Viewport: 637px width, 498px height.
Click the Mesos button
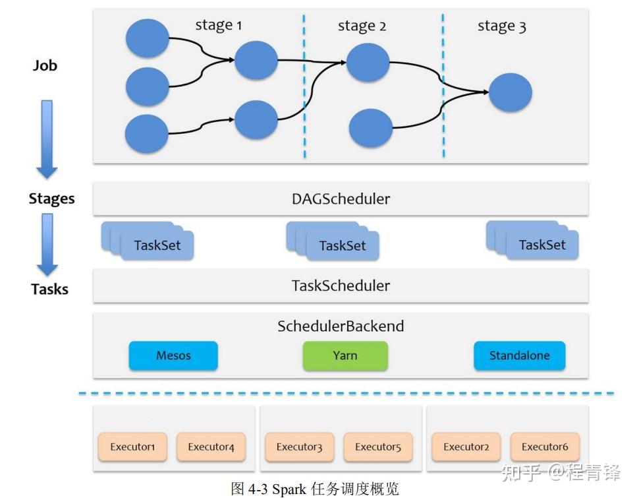click(x=173, y=356)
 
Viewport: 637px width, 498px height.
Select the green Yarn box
click(x=345, y=356)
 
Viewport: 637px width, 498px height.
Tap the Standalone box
click(x=519, y=356)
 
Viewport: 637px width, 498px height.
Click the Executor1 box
click(x=132, y=447)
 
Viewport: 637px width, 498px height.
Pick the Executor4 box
click(x=211, y=447)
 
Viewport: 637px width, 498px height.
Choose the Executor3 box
click(x=299, y=447)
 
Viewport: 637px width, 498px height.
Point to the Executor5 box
click(x=378, y=447)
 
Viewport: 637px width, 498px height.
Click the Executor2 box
click(x=466, y=447)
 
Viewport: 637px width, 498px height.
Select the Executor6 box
click(x=545, y=447)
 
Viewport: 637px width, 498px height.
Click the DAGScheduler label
click(x=341, y=199)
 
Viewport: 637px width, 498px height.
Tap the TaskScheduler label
click(x=341, y=286)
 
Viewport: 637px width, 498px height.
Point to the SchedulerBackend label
click(x=341, y=326)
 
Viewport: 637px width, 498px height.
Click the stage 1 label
click(x=219, y=25)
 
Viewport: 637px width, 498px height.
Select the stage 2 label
click(x=362, y=26)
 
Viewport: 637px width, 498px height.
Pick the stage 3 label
click(x=501, y=26)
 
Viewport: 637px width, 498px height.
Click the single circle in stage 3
click(x=510, y=92)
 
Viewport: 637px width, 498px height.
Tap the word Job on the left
click(x=45, y=65)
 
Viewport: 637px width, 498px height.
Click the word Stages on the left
click(x=51, y=199)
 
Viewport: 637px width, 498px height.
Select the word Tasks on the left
click(x=49, y=289)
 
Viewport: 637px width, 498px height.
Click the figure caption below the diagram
click(x=315, y=488)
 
